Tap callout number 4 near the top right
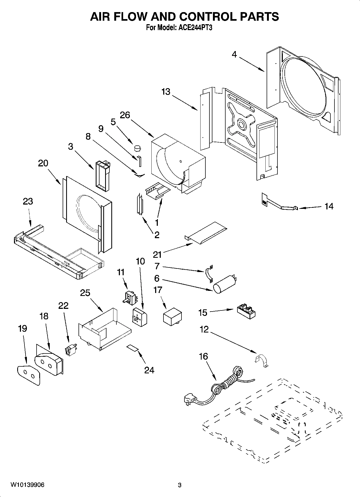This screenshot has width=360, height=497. pyautogui.click(x=234, y=55)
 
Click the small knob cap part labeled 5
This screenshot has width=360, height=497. pyautogui.click(x=138, y=148)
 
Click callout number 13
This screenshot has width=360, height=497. pyautogui.click(x=166, y=92)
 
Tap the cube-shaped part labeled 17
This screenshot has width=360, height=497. pyautogui.click(x=172, y=317)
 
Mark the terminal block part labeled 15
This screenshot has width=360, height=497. pyautogui.click(x=246, y=311)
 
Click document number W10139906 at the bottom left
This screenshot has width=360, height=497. pyautogui.click(x=28, y=485)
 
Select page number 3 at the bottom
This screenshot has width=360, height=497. pyautogui.click(x=180, y=485)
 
